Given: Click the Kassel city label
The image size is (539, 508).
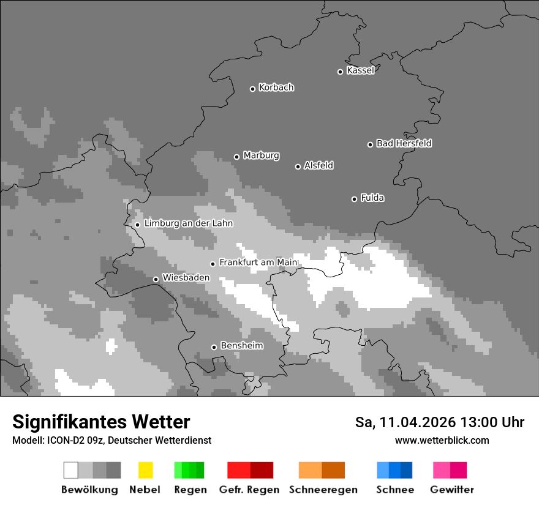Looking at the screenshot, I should point(360,70).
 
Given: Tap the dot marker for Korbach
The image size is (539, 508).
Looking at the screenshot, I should point(252,89).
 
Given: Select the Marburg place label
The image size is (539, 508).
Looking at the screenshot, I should point(261,155).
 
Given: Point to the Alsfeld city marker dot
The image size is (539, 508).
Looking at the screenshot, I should point(298,166).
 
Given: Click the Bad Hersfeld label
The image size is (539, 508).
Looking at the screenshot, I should point(404,143).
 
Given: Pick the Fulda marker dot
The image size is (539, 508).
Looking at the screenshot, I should point(354,199).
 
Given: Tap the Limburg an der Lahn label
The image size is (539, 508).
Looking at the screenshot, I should point(188,223).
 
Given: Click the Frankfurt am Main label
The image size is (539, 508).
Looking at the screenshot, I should point(258,263).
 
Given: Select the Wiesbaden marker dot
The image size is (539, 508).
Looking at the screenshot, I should point(156,279).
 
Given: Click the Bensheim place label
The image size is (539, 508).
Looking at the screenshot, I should point(241,346).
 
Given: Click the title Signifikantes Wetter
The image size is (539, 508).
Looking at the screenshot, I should point(101,422).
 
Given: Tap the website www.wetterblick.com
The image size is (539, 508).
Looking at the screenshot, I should point(442,440).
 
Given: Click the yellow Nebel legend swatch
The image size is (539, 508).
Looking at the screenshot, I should point(145,470).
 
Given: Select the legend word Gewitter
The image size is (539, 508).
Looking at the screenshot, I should point(451,490).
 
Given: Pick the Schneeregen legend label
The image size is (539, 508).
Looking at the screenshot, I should point(323,490).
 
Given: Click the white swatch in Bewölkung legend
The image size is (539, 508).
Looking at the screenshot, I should point(71,470).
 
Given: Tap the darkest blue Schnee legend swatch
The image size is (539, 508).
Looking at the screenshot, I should point(407,470).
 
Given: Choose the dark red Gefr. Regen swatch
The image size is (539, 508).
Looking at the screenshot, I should point(262,470).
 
